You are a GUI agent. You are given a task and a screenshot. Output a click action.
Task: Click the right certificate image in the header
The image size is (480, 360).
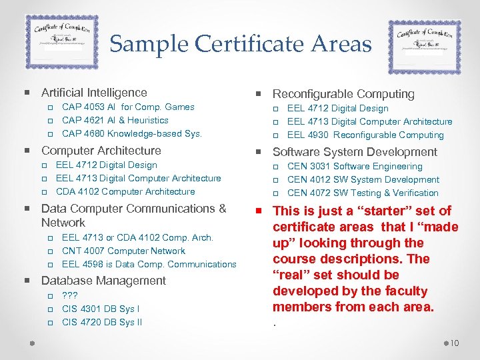click(424, 47)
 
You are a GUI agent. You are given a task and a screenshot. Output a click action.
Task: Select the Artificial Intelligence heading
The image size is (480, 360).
click(94, 93)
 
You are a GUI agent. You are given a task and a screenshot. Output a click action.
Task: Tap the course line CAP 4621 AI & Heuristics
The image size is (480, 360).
click(115, 120)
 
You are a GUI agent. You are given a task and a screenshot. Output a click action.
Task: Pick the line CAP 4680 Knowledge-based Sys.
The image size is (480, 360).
click(131, 133)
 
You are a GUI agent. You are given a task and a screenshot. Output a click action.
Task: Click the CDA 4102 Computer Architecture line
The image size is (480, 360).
click(125, 191)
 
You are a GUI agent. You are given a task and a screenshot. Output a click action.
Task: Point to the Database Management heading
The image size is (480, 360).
click(103, 281)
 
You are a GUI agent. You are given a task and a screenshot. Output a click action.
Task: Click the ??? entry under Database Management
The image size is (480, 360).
click(69, 295)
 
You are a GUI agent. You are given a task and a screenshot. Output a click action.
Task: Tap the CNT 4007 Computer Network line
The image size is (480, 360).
click(123, 251)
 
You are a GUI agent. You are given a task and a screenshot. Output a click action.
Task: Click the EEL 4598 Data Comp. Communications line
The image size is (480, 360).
click(149, 264)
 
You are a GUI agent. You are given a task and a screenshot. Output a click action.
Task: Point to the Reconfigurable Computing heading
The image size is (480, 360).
click(343, 94)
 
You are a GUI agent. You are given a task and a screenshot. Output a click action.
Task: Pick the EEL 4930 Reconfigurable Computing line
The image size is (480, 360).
click(365, 135)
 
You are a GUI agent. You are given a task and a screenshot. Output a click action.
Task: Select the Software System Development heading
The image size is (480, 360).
click(355, 152)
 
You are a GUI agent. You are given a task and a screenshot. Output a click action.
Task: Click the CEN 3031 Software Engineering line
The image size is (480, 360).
click(355, 166)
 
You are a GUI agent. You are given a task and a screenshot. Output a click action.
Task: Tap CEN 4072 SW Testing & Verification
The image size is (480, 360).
click(363, 193)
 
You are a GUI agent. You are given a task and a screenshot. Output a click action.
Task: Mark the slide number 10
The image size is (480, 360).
click(455, 343)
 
